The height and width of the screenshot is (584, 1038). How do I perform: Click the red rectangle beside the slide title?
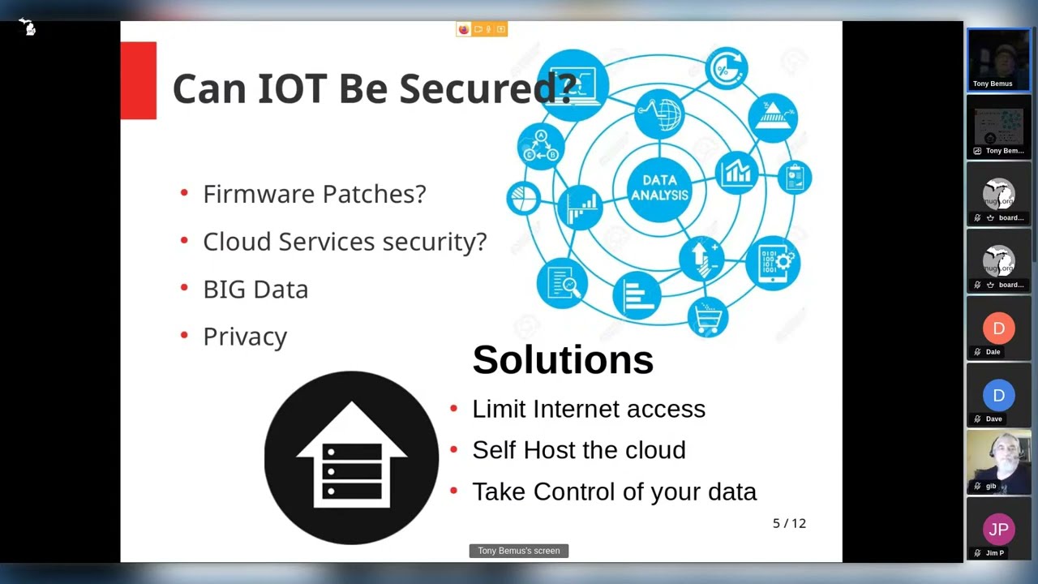[x=138, y=80]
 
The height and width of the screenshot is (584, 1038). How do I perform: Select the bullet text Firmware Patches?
[x=314, y=194]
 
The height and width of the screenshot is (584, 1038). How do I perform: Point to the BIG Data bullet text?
[x=255, y=290]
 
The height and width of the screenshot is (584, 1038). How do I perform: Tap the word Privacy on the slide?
[x=245, y=337]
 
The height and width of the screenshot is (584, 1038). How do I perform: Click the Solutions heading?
[x=563, y=359]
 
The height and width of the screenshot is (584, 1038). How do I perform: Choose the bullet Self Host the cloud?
[x=579, y=449]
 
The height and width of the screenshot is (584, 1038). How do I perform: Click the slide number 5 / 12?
[x=789, y=523]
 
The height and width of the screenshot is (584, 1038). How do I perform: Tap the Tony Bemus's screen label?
[x=518, y=551]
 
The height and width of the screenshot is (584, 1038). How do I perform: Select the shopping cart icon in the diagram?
[x=708, y=317]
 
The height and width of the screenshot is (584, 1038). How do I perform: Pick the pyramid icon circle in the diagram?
[x=773, y=118]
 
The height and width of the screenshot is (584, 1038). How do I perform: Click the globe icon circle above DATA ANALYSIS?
[x=659, y=114]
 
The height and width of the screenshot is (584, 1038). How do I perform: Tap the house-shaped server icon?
[x=351, y=457]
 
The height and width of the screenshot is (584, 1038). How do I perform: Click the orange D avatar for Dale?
[x=998, y=328]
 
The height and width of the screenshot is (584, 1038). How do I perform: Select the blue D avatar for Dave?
[x=998, y=395]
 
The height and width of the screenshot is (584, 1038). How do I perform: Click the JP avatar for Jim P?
[x=998, y=529]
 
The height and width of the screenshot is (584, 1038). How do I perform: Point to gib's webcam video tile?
[x=998, y=462]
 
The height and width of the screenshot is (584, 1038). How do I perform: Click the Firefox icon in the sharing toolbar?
[x=463, y=29]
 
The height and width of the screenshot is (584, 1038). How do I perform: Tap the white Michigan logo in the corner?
[x=28, y=27]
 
